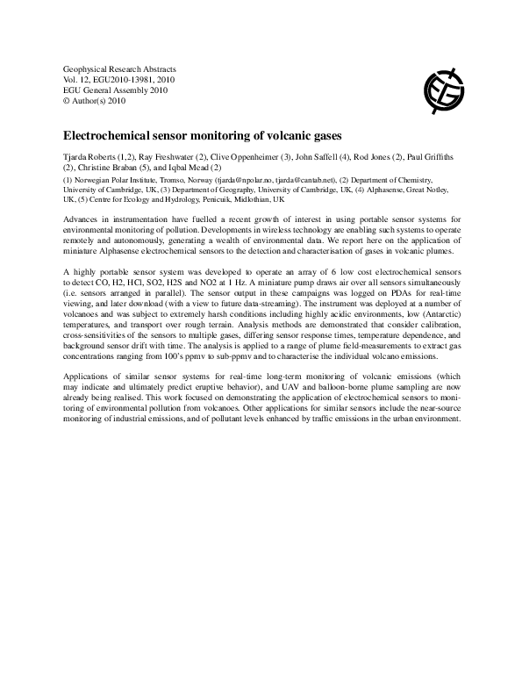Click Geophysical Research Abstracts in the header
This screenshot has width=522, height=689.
(x=119, y=68)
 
